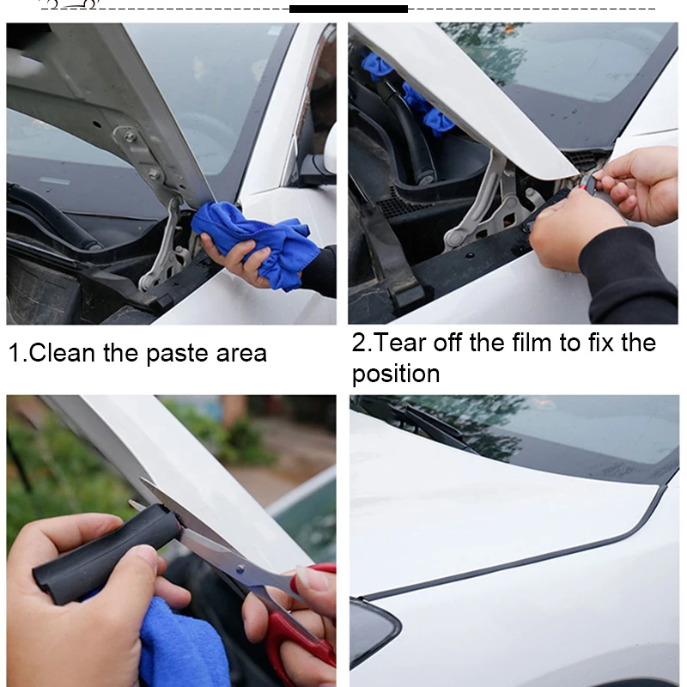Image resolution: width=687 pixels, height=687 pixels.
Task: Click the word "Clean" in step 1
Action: (62, 353)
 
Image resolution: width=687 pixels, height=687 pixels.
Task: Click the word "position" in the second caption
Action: (396, 374)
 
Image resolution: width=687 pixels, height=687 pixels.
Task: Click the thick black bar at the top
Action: (349, 9)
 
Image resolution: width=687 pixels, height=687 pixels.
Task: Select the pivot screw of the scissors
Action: (240, 568)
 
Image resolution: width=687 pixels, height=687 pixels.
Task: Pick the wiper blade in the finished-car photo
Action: (434, 427)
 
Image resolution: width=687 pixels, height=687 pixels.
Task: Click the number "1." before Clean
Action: (18, 353)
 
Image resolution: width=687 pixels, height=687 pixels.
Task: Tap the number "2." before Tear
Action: (362, 342)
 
